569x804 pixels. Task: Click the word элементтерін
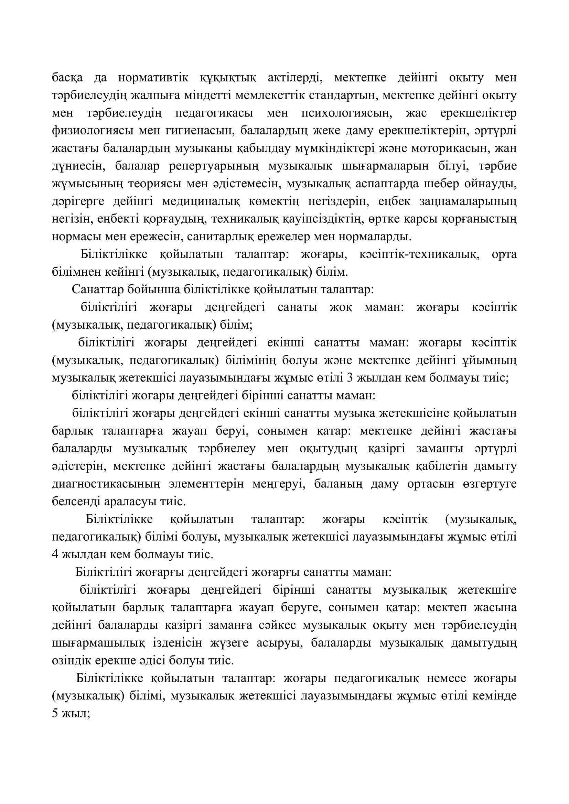pyautogui.click(x=206, y=484)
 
